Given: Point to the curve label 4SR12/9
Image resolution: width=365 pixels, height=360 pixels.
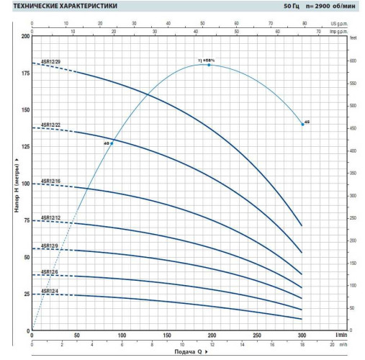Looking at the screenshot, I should [49, 246].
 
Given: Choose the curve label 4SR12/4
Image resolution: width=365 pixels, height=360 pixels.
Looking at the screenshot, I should [49, 290].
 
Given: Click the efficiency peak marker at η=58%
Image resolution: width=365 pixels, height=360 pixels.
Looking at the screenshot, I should [209, 65].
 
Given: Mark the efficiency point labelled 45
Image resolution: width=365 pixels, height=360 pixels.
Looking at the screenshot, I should [302, 124].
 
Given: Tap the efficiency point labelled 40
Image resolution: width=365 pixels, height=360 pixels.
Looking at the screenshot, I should [112, 143].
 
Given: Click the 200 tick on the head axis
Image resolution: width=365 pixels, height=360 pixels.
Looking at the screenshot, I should [26, 36].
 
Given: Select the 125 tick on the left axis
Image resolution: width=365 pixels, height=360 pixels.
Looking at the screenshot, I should [26, 147].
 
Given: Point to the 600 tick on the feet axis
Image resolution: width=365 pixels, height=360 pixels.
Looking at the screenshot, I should [353, 60].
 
